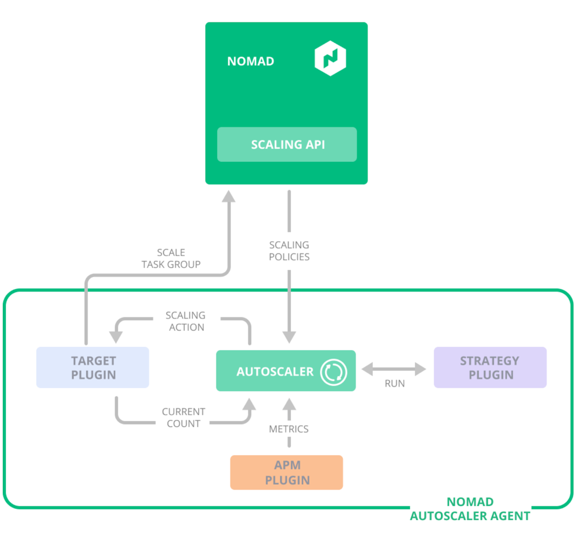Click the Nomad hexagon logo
330,60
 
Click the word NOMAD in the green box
250,61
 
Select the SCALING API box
287,145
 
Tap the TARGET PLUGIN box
93,368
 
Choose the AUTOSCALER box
286,371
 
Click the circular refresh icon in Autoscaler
334,372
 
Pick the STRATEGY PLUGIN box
490,368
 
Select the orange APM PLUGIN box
286,472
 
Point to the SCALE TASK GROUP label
171,259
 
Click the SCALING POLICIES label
289,251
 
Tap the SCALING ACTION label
185,321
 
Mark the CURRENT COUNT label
183,418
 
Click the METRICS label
289,429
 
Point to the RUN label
395,383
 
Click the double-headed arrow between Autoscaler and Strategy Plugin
395,369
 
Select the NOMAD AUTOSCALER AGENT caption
470,509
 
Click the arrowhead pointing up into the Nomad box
229,196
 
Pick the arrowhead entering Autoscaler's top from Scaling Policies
289,338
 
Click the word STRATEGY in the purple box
490,361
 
